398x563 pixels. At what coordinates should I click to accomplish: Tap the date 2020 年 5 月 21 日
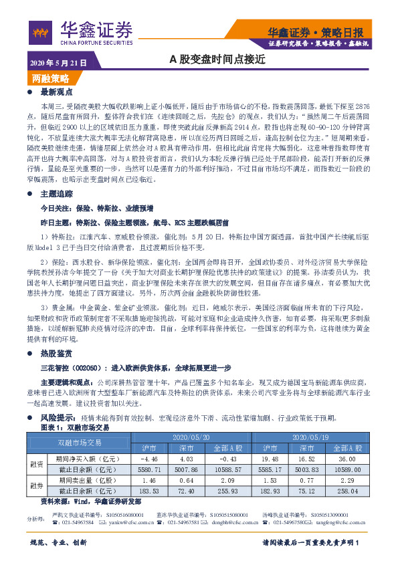[58, 62]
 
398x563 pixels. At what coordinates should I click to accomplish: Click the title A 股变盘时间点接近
[217, 60]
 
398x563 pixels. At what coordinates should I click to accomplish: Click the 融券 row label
[36, 485]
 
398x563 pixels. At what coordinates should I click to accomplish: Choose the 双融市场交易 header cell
[80, 442]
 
